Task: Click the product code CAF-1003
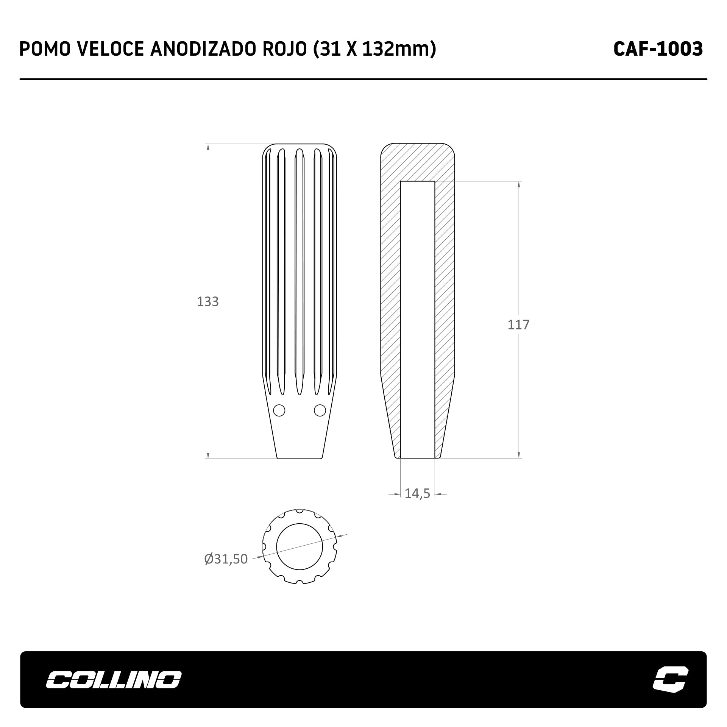point(658,49)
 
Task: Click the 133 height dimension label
point(208,301)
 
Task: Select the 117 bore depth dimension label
point(518,324)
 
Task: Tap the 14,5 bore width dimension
point(417,494)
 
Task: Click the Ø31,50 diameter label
point(226,559)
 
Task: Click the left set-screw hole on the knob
point(279,410)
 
